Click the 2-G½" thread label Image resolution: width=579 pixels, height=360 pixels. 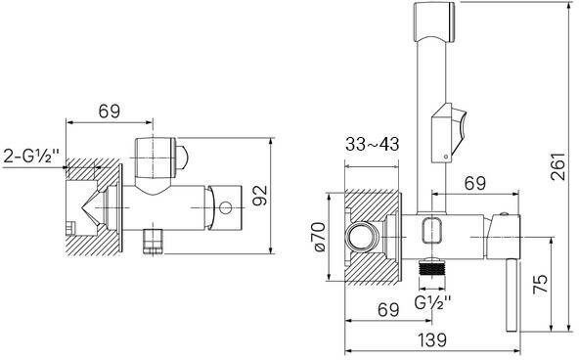[x=31, y=157]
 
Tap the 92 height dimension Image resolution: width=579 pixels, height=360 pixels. [x=260, y=196]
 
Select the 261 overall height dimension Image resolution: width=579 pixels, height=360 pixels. [x=557, y=165]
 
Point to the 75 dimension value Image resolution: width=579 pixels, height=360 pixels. [x=540, y=284]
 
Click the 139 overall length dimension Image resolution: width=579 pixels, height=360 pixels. [x=432, y=339]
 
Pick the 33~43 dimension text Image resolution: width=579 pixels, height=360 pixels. [x=373, y=144]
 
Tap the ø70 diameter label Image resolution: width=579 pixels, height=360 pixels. [x=320, y=237]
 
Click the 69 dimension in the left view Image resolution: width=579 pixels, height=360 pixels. [x=110, y=112]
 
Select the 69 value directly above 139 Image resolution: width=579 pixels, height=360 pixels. [x=388, y=309]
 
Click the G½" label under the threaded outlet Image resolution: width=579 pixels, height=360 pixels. [x=432, y=303]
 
